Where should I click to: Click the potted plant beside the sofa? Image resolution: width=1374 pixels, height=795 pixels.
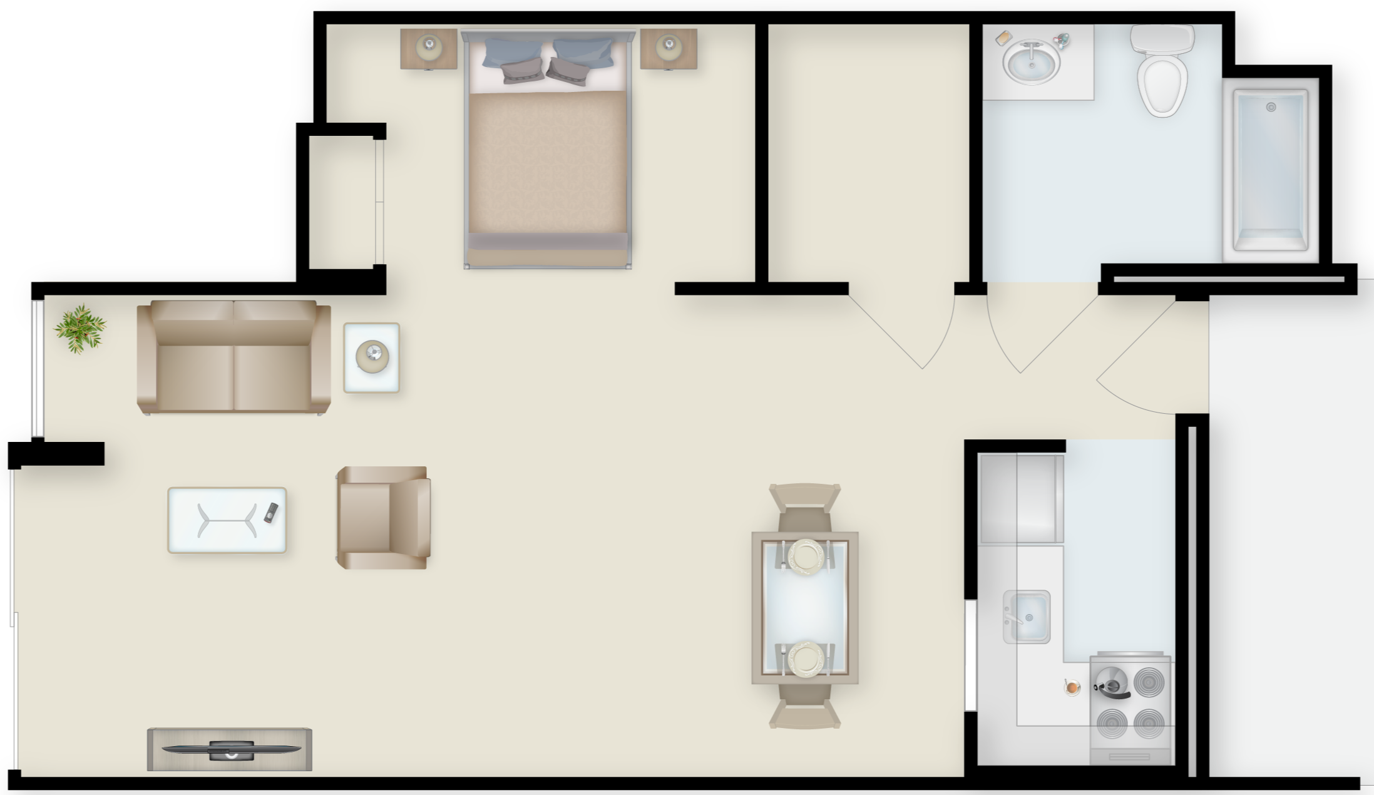(80, 329)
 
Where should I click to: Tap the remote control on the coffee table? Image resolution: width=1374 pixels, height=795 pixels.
(270, 513)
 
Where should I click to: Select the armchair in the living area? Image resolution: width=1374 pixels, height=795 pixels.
(383, 518)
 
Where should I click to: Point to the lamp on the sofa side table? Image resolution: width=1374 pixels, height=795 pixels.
(372, 357)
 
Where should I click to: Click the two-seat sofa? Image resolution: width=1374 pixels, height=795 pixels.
(233, 357)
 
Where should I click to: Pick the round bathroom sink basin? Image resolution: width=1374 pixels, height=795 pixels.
(1031, 62)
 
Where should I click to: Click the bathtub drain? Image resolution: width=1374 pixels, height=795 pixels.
(1271, 107)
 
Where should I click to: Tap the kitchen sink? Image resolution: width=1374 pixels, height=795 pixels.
(1027, 617)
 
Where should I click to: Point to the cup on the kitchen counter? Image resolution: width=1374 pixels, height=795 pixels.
(1072, 687)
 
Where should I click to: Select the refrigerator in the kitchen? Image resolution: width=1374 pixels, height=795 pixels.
(1021, 499)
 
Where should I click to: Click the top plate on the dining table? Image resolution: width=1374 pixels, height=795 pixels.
(805, 555)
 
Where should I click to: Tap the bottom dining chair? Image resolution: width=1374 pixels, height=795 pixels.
(805, 707)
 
